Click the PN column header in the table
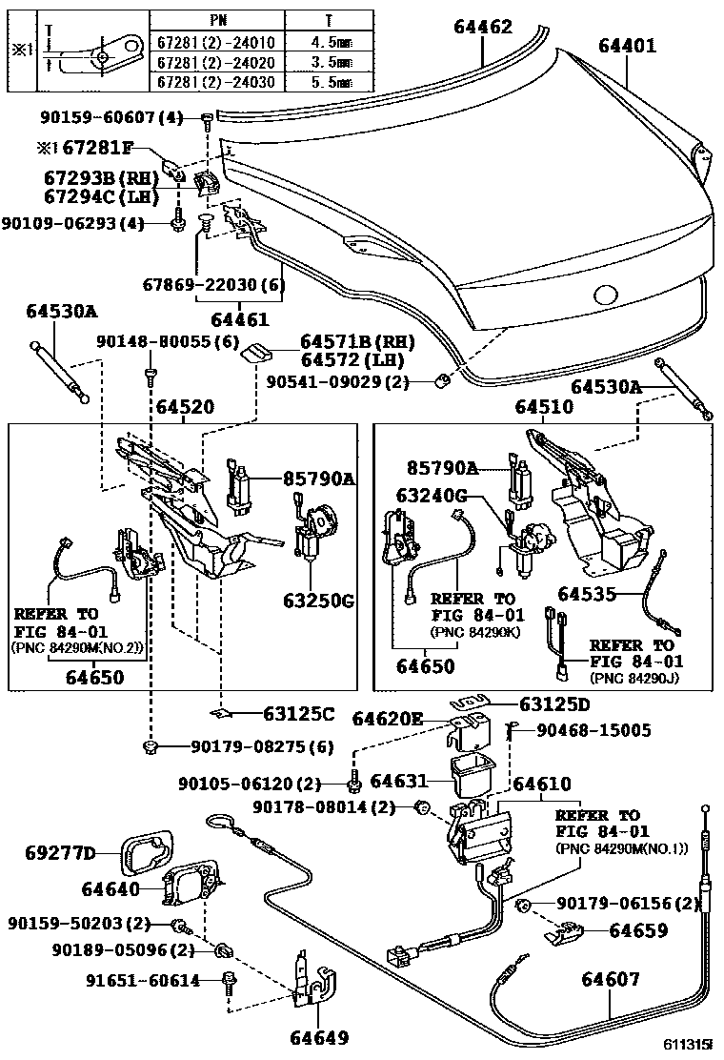pos(217,20)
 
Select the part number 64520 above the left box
pos(185,407)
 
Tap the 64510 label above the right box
pos(544,407)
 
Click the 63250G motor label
pos(319,601)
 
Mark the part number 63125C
pos(299,712)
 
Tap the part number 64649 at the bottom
pos(319,1036)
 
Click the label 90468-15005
pos(593,730)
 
